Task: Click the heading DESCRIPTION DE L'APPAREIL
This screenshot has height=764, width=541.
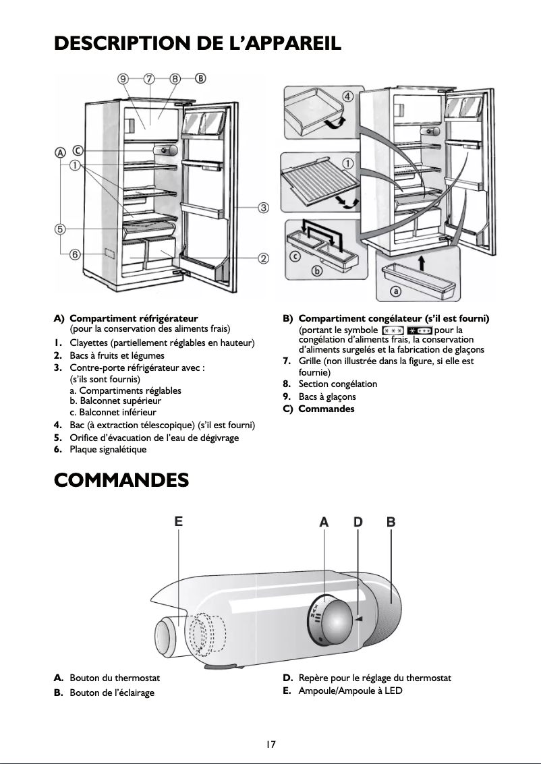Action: tap(198, 43)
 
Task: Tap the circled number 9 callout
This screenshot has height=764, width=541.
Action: tap(123, 79)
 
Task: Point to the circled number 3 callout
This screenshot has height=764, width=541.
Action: tap(264, 208)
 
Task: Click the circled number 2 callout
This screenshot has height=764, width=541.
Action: tap(264, 258)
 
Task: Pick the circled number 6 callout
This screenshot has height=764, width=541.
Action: tap(75, 254)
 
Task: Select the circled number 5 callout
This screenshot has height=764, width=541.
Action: tap(60, 229)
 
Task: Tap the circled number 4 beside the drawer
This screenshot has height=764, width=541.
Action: tap(348, 96)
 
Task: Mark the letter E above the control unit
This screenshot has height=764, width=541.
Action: tap(178, 521)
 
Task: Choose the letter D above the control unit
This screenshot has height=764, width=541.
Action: tap(358, 522)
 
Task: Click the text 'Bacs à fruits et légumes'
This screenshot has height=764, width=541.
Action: tap(117, 355)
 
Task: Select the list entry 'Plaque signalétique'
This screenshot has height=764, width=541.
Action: tap(108, 449)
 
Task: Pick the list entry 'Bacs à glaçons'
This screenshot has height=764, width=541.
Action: tap(327, 396)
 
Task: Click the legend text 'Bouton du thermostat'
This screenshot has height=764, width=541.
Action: tap(115, 678)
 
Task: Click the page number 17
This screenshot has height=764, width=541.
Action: tap(270, 744)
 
